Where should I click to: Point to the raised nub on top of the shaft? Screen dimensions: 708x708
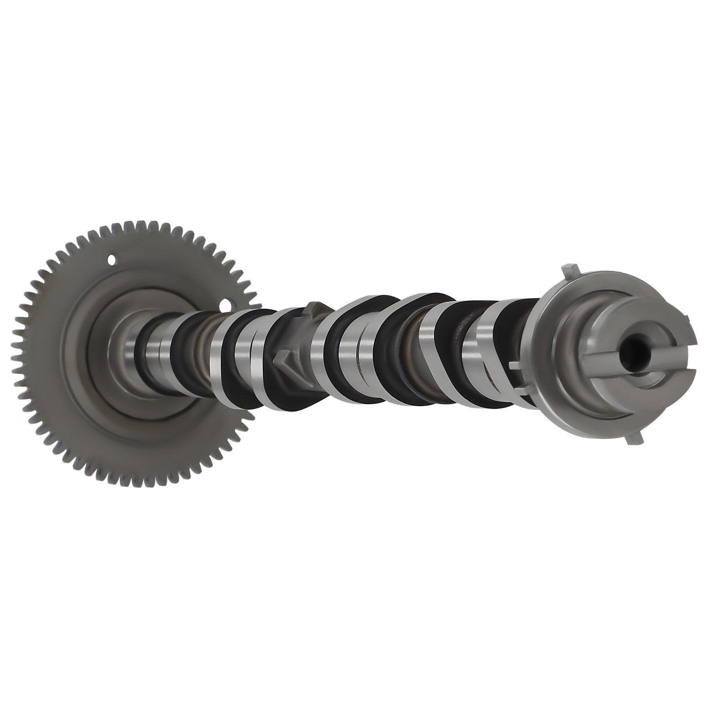tap(316, 307)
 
